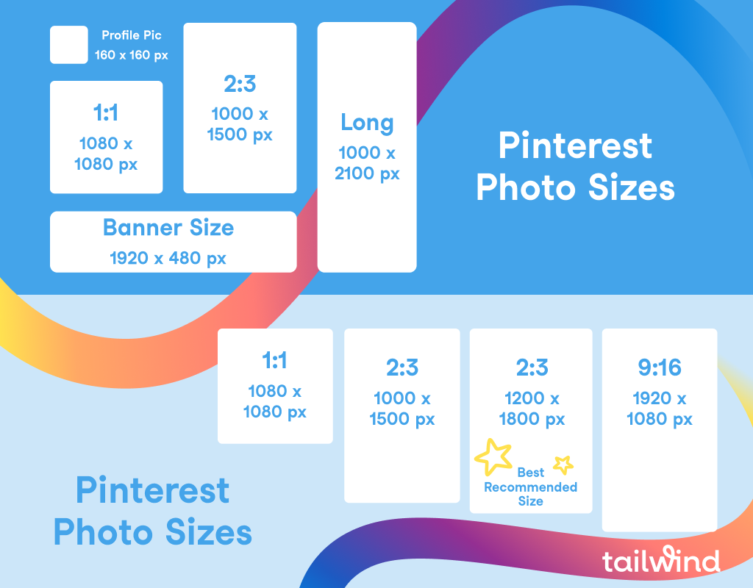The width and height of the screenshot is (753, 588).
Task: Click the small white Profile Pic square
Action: coord(68,45)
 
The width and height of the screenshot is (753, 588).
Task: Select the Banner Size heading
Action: coord(168,228)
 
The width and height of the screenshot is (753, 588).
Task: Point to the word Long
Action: coord(368,123)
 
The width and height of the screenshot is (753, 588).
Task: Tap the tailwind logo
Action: coord(661,559)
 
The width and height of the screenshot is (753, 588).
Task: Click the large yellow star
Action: coord(493,456)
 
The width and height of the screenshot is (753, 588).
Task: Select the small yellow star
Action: coord(563,465)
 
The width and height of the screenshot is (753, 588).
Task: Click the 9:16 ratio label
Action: coord(660,367)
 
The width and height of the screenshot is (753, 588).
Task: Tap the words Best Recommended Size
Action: coord(531,487)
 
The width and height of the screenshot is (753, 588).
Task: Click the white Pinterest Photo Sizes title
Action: coord(575,166)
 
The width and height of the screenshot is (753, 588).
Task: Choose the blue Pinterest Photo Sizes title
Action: coord(153,511)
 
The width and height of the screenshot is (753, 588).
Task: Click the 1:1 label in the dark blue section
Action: coord(106,112)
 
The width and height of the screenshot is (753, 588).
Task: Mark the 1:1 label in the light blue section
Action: coord(275,360)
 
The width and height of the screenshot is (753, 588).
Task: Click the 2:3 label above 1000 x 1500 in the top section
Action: coord(240,84)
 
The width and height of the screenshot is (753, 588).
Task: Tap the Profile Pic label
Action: coord(132,35)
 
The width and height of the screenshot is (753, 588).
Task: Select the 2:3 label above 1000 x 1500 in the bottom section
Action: coord(402,367)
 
